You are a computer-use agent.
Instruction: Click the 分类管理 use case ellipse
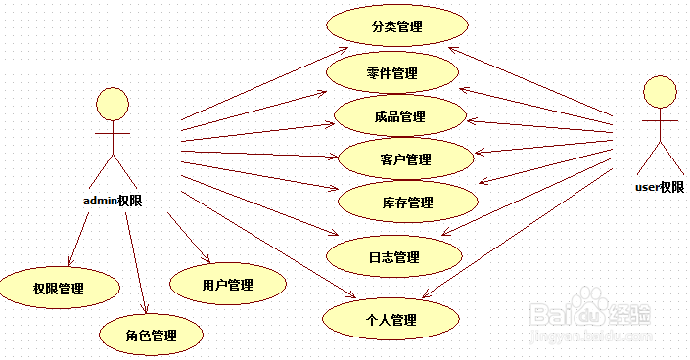click(397, 26)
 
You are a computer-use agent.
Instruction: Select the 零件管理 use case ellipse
click(392, 73)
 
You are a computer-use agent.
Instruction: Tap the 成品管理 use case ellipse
click(399, 116)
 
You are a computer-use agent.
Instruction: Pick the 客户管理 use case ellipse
click(404, 159)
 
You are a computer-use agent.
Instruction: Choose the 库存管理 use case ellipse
click(407, 202)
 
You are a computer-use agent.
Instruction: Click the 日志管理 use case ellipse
click(393, 257)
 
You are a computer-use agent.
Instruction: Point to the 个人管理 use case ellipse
click(391, 319)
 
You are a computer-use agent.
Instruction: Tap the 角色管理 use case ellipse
click(151, 335)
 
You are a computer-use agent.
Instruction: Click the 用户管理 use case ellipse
click(227, 285)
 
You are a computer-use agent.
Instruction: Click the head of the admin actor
click(113, 103)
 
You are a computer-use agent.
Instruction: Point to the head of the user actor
click(659, 92)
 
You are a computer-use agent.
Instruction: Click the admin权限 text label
click(114, 202)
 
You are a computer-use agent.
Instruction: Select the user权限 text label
click(659, 187)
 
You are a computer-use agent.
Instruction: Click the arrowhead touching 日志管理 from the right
click(448, 234)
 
